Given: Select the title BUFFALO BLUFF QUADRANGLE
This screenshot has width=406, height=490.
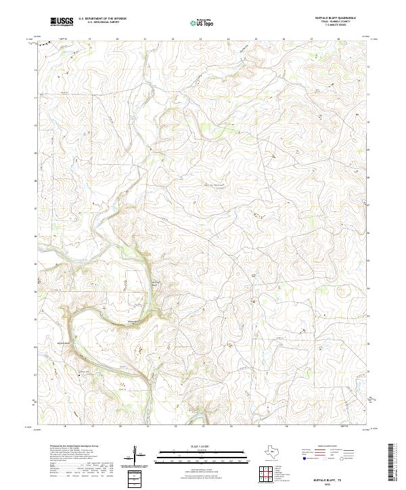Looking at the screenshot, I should pyautogui.click(x=336, y=18).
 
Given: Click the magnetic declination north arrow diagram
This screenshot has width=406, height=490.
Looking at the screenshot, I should pyautogui.click(x=137, y=454).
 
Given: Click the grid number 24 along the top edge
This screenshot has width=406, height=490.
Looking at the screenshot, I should pyautogui.click(x=228, y=40).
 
